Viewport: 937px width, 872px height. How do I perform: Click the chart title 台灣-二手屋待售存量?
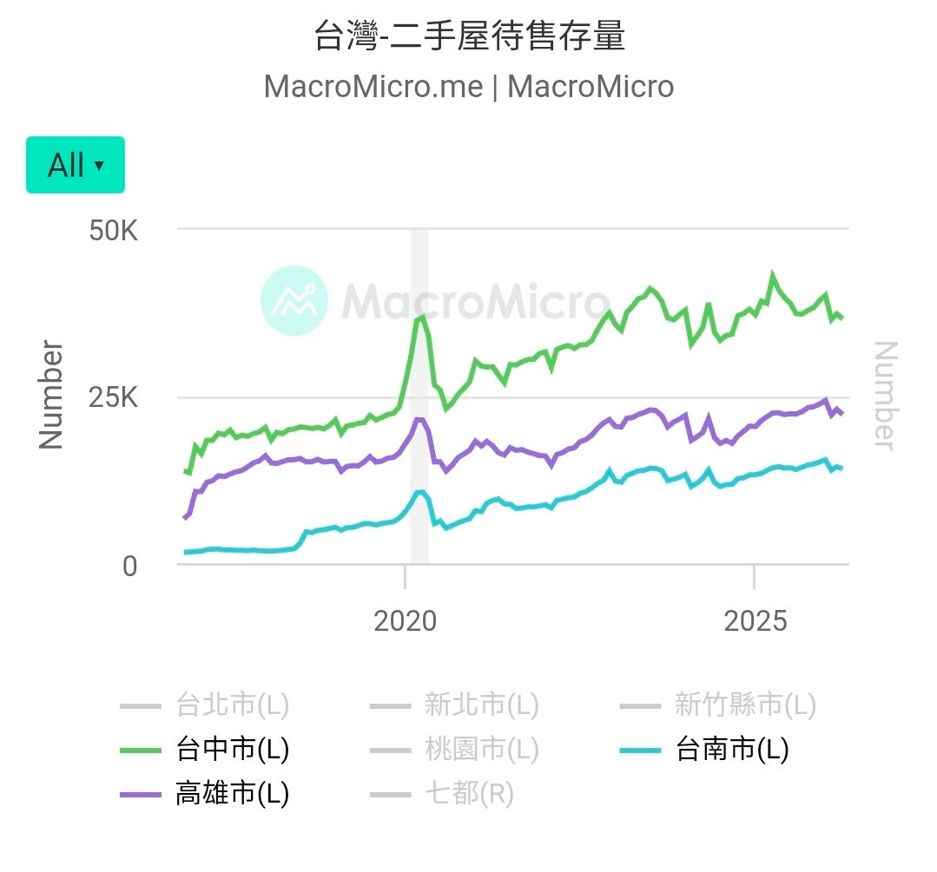469,36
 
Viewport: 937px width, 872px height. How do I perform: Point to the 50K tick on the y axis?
113,231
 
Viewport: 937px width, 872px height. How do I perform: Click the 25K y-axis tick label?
113,397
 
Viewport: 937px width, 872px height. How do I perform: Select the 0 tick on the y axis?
129,567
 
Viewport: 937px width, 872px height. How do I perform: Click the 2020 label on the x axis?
406,621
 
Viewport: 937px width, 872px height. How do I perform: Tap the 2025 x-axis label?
755,621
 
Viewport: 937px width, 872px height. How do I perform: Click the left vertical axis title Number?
50,395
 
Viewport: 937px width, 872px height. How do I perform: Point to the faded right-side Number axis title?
886,396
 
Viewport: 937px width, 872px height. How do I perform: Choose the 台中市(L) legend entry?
204,749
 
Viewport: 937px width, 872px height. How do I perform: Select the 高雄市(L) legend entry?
204,794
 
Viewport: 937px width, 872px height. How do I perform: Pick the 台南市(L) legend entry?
704,749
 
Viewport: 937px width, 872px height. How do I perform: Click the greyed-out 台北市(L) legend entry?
204,705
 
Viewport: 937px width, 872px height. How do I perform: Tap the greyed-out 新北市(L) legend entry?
454,705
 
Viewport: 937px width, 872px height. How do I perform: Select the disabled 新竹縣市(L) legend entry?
717,705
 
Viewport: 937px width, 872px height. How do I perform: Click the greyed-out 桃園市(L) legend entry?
454,749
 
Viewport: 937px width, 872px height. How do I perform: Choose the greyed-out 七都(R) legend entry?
442,794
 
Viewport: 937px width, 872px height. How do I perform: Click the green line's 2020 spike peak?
422,317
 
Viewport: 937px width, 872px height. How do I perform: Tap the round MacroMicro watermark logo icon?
294,300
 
